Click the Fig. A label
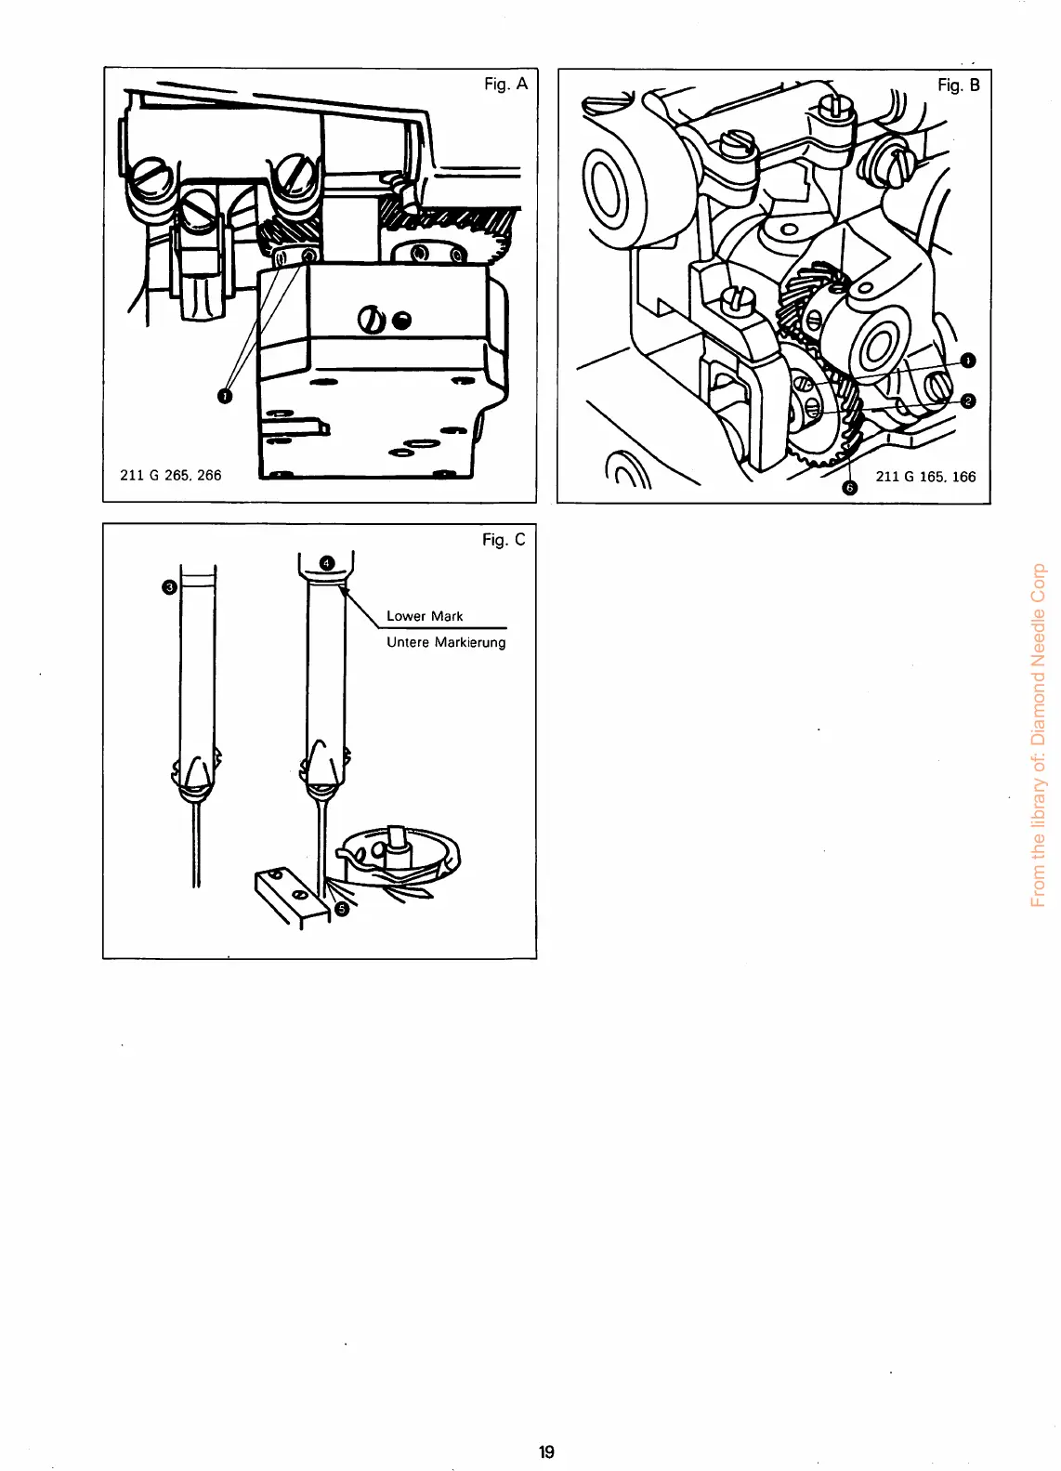[x=505, y=84]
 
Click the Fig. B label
[x=959, y=85]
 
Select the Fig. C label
[x=504, y=539]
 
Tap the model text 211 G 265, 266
[x=171, y=475]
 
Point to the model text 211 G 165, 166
[x=925, y=477]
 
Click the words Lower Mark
[x=425, y=616]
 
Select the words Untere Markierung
[x=446, y=642]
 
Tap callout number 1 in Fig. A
[x=223, y=397]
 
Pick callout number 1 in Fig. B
[x=967, y=360]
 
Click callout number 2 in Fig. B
[x=967, y=401]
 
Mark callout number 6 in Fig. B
[x=847, y=491]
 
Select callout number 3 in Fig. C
[x=168, y=586]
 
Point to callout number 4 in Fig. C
[x=326, y=562]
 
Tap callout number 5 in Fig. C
[x=341, y=909]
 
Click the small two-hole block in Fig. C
[x=291, y=894]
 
